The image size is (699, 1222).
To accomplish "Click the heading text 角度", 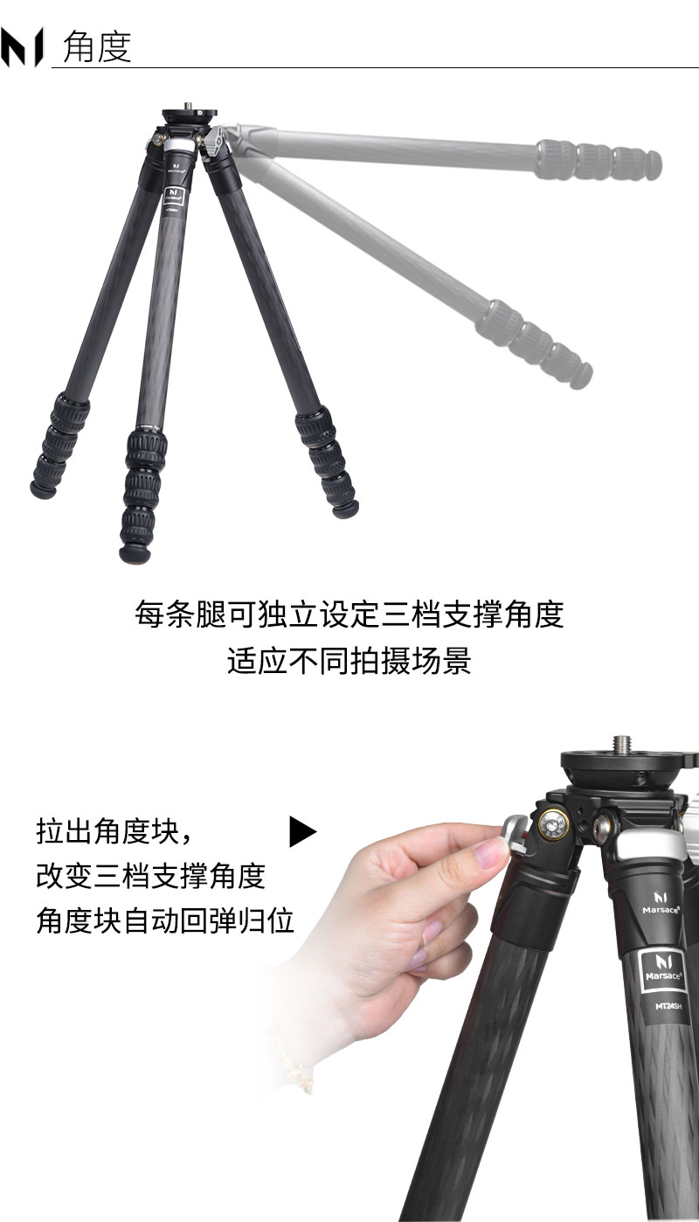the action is coord(97,47).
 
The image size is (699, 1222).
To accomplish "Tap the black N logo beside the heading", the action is coord(22,47).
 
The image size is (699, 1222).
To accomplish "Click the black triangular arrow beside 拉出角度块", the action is coord(302,831).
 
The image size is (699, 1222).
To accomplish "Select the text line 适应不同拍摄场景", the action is coord(349,661).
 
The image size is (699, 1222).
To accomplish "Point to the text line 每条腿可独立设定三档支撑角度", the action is coord(349,614).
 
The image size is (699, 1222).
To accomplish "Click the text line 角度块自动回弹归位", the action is coord(165,920).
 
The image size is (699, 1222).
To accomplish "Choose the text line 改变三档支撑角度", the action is coord(150,876).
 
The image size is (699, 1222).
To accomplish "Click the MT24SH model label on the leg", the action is coord(668,1005).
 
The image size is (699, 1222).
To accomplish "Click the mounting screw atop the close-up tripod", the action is coord(622,745).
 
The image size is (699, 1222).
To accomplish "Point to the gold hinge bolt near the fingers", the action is coord(553,824).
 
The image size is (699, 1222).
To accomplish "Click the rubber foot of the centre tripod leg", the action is coord(135,552).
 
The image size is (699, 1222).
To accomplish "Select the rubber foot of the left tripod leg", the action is coord(43,489).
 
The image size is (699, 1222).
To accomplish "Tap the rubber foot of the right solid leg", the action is coord(346,509).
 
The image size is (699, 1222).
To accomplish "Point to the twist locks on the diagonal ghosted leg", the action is coord(533,344).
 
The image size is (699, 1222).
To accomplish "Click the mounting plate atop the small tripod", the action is coord(190,114).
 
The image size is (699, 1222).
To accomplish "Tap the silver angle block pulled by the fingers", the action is coord(515,834).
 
